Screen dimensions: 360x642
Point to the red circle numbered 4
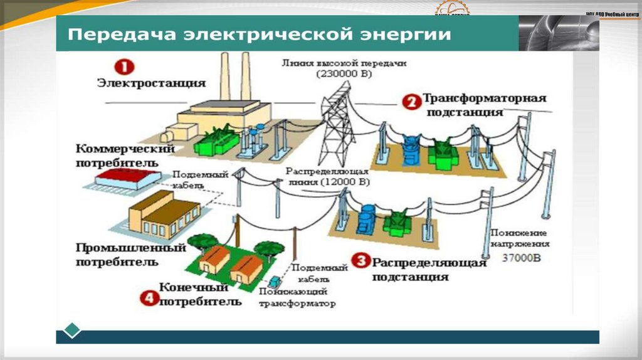click(148, 298)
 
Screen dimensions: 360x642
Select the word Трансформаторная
click(485, 98)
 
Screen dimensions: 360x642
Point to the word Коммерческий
click(124, 149)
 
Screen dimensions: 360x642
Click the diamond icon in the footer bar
click(73, 331)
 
